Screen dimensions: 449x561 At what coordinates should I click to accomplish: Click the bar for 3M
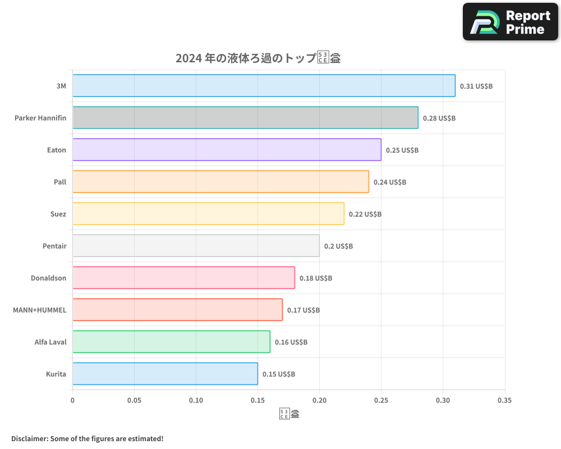(264, 85)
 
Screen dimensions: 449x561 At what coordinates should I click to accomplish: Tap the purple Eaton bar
(227, 149)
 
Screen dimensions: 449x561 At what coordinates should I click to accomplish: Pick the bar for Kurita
(165, 373)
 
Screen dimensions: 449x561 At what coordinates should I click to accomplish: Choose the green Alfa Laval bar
(171, 341)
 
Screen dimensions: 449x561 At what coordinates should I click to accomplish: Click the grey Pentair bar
(196, 245)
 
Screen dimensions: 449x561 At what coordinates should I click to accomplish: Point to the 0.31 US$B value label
(476, 86)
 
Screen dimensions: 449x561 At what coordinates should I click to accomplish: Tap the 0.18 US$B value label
(316, 278)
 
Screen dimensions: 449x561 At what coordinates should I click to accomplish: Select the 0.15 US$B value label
(279, 374)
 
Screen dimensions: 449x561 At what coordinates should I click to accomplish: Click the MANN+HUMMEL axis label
(39, 310)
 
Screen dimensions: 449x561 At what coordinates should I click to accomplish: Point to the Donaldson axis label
(48, 278)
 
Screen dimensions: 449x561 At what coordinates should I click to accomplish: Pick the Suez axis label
(58, 214)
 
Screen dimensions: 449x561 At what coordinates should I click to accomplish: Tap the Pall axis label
(60, 182)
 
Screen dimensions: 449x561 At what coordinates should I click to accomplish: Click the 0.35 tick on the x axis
(504, 401)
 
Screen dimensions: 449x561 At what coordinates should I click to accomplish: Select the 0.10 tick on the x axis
(196, 401)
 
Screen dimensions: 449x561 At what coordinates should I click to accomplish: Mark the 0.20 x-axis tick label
(319, 401)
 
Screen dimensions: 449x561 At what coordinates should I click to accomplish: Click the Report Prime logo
(511, 22)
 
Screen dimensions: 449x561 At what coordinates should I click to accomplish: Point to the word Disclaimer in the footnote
(29, 438)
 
